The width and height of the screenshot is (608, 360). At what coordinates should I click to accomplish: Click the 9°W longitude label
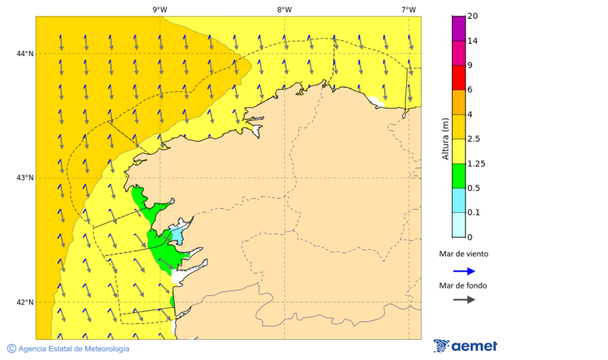(x=159, y=9)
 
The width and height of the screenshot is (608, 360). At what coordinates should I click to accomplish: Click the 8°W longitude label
(x=284, y=9)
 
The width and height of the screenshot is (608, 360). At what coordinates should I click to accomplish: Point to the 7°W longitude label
(x=409, y=9)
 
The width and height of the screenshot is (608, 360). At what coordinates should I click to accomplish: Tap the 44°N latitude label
(x=25, y=53)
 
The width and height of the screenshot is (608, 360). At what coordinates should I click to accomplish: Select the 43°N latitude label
(x=25, y=178)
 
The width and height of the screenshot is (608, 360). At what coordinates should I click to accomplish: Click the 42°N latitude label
(x=25, y=302)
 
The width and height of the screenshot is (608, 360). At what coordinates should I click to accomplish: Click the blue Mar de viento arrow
(x=463, y=271)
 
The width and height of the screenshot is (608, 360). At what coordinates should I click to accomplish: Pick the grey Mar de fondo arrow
(x=463, y=300)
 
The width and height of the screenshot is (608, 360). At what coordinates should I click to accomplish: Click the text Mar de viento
(x=463, y=254)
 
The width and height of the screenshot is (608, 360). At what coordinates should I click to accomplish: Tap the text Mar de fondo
(x=463, y=285)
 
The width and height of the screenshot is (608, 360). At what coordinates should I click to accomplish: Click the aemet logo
(x=465, y=346)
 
